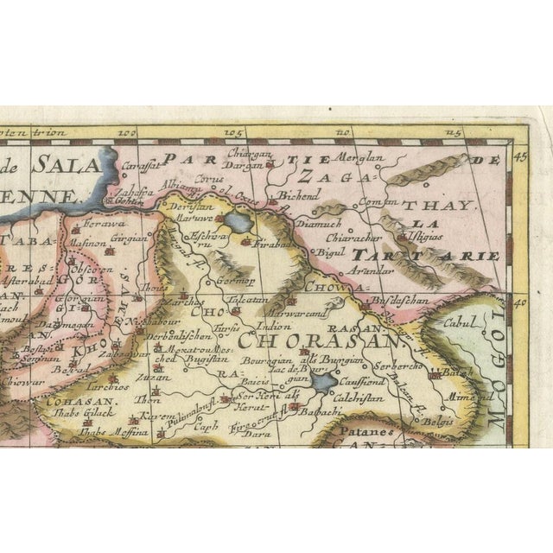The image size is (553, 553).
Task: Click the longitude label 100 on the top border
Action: coord(129,134)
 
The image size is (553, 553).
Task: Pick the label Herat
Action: coord(250,409)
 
